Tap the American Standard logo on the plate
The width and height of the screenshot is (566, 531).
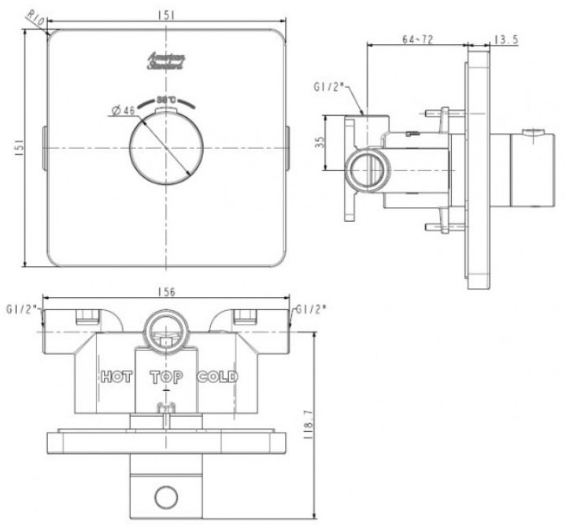[165, 63]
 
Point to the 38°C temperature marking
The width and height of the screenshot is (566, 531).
[165, 100]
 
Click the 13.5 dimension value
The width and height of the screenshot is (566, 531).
[506, 37]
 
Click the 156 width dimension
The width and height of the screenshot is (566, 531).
[166, 292]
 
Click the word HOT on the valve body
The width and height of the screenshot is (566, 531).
[117, 378]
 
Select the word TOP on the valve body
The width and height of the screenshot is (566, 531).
[166, 378]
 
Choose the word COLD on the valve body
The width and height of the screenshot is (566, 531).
[217, 378]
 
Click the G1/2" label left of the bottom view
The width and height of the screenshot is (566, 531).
[21, 308]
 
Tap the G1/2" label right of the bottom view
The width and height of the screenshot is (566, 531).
[310, 308]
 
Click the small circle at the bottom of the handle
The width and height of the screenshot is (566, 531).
[166, 496]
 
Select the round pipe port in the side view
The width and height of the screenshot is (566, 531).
[364, 168]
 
